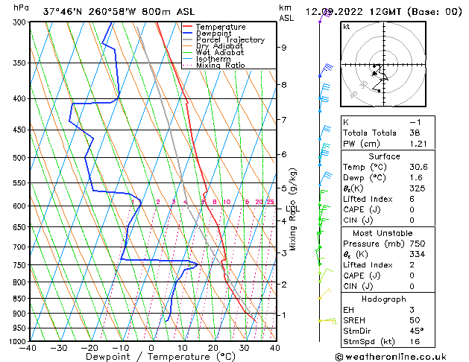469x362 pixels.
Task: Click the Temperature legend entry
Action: [x=220, y=27]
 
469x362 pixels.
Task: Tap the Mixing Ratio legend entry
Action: [x=221, y=66]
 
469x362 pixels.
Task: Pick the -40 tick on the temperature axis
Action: [x=29, y=347]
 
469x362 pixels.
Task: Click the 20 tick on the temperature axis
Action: [x=213, y=347]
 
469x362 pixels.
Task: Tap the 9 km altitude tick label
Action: [x=284, y=48]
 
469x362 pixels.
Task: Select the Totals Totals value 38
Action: [x=415, y=133]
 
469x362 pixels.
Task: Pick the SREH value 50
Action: [x=415, y=320]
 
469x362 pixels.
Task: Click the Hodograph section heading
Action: [x=380, y=298]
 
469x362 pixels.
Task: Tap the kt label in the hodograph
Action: [x=347, y=27]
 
